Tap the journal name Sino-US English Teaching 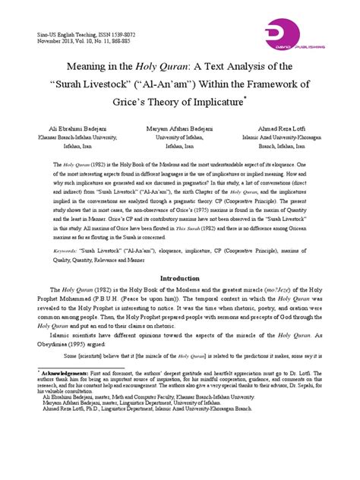tap(52, 36)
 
